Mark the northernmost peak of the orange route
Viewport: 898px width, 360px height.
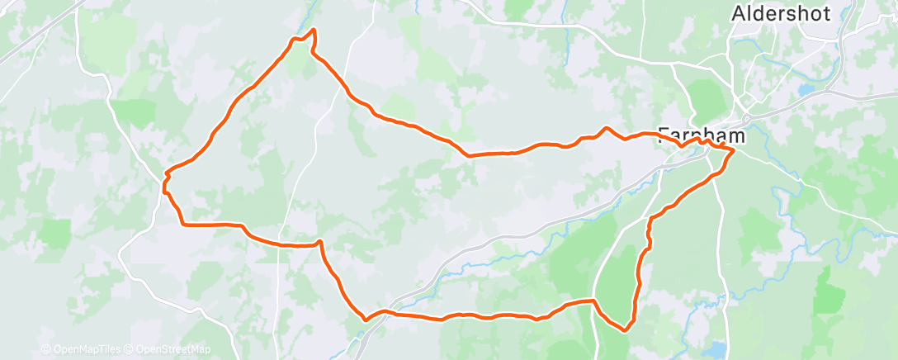pos(314,30)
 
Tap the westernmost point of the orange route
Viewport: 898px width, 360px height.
pos(165,174)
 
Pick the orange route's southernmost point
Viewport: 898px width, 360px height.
pos(624,329)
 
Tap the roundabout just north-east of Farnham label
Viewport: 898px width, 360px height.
pos(746,116)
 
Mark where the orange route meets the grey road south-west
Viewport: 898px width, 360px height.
pos(364,317)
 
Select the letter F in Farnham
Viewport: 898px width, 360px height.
pos(665,135)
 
